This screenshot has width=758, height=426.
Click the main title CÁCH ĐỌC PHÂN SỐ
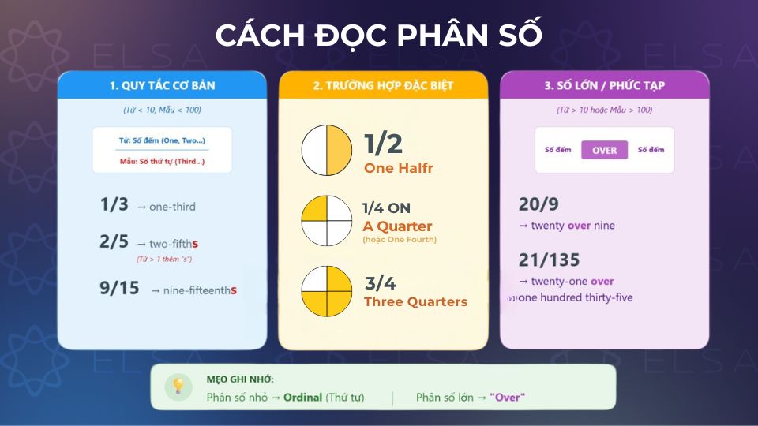coord(379,35)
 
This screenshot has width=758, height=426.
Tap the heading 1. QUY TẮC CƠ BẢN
coord(162,85)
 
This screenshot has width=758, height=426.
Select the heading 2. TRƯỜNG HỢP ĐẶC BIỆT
coord(383,85)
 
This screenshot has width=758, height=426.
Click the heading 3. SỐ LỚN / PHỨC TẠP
coord(604,85)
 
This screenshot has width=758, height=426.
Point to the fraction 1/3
coord(114,205)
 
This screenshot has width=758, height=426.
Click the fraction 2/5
coord(114,242)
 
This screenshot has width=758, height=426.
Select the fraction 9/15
coord(119,289)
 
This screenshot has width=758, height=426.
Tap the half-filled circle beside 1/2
coord(327,150)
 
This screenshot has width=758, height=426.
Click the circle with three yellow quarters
coord(327,291)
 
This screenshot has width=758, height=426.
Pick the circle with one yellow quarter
coord(327,221)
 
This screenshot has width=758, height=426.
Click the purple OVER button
coord(604,150)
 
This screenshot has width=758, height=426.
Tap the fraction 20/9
coord(538,205)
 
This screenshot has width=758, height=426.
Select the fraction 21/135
coord(549,260)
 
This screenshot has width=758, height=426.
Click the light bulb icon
coord(178,386)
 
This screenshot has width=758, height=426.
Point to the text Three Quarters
coord(415,302)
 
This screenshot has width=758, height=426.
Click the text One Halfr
coord(398,168)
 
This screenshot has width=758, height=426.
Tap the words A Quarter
coord(397,226)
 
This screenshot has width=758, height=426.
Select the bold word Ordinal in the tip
coord(303,398)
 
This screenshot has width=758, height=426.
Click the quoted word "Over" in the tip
coord(507,398)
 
